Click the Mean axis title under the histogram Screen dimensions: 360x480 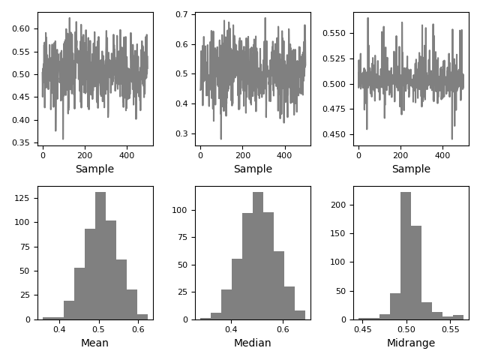94,343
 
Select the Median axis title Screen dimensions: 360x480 253,343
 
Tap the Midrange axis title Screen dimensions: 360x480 410,343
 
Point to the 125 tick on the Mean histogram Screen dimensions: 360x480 24,199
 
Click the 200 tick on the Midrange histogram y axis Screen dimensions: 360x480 340,205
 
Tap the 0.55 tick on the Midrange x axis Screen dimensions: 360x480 450,328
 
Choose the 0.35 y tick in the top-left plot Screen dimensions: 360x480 21,142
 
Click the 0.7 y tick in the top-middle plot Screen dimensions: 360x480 182,14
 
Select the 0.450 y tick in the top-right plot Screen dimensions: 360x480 334,135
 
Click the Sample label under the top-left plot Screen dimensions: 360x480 94,169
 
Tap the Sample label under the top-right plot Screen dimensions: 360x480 410,169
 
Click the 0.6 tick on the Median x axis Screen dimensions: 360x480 283,328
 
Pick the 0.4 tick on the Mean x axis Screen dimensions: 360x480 60,328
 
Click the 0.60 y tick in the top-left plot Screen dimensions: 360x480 21,28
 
